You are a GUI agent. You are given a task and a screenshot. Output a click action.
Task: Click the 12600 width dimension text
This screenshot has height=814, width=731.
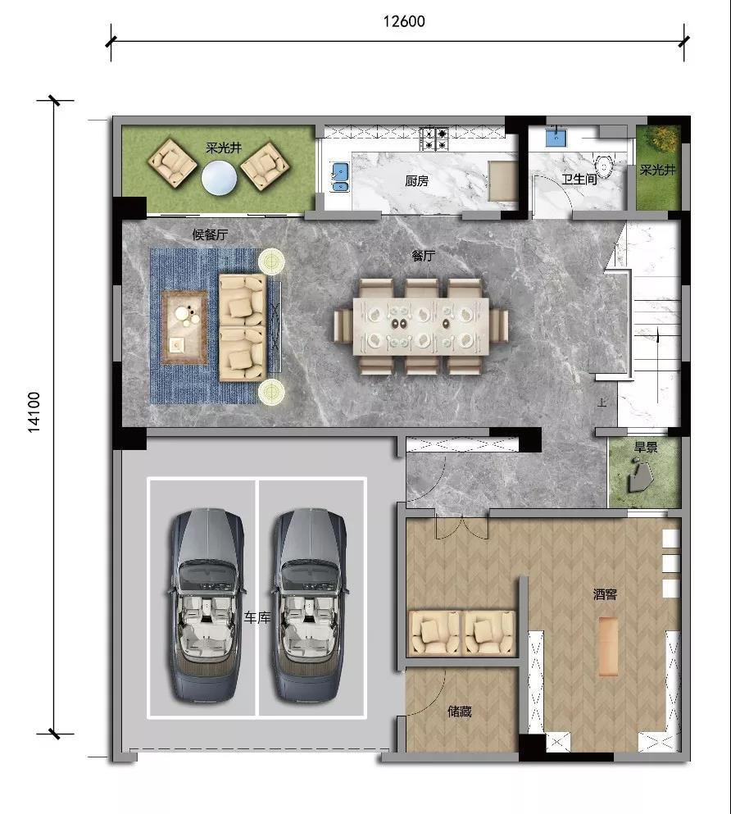(404, 21)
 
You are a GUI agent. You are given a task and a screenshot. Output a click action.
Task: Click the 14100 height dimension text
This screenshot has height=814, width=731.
(34, 412)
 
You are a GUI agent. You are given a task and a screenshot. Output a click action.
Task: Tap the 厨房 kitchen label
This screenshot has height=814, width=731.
(416, 181)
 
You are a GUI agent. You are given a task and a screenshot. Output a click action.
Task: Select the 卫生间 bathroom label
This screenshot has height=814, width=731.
(579, 180)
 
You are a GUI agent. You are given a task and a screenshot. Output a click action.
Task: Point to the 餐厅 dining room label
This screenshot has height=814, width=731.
(424, 256)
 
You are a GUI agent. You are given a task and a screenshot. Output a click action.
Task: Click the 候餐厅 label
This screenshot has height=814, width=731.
(210, 234)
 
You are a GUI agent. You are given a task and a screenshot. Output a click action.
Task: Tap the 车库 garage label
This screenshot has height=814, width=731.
(257, 618)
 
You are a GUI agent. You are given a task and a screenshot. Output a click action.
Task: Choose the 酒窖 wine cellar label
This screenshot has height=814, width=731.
(605, 594)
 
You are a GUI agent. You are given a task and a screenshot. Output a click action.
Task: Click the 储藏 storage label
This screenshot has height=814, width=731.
(460, 712)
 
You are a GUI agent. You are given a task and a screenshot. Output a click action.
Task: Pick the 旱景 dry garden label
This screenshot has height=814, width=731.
(646, 447)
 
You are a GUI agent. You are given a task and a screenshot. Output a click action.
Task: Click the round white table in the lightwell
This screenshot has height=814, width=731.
(219, 178)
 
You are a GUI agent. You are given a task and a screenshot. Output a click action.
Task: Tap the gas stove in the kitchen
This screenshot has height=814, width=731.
(434, 139)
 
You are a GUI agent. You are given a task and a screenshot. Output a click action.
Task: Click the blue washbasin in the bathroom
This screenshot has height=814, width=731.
(556, 138)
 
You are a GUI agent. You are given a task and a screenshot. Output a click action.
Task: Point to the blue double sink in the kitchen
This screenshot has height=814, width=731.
(340, 177)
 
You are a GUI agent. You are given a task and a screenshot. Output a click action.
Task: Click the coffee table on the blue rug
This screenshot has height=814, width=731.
(184, 327)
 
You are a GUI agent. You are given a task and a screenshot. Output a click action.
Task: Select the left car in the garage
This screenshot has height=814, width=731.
(207, 606)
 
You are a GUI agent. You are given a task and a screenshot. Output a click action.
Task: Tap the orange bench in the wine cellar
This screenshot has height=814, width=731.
(609, 646)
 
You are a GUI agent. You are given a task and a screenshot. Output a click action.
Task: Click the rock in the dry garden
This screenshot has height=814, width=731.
(641, 476)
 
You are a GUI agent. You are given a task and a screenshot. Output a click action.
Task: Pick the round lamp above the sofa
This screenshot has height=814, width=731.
(272, 260)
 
